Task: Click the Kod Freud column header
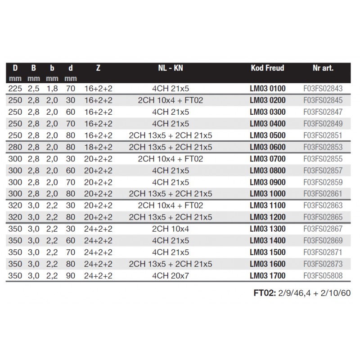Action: tap(267, 68)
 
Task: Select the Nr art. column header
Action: tap(323, 68)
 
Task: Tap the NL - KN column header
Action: tap(171, 68)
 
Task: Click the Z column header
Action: tap(98, 68)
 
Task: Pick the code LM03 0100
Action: tap(267, 89)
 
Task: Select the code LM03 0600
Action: tap(267, 147)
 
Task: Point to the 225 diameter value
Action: tap(15, 89)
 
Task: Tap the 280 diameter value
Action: tap(15, 147)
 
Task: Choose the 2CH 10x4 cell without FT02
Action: tap(171, 229)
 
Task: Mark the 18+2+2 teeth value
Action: tap(98, 147)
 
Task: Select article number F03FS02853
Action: tap(323, 147)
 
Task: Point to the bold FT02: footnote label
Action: tap(263, 293)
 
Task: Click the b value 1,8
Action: tap(52, 89)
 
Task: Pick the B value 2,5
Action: tap(34, 89)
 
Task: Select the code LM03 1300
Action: tap(267, 229)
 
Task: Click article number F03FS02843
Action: tap(323, 89)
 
